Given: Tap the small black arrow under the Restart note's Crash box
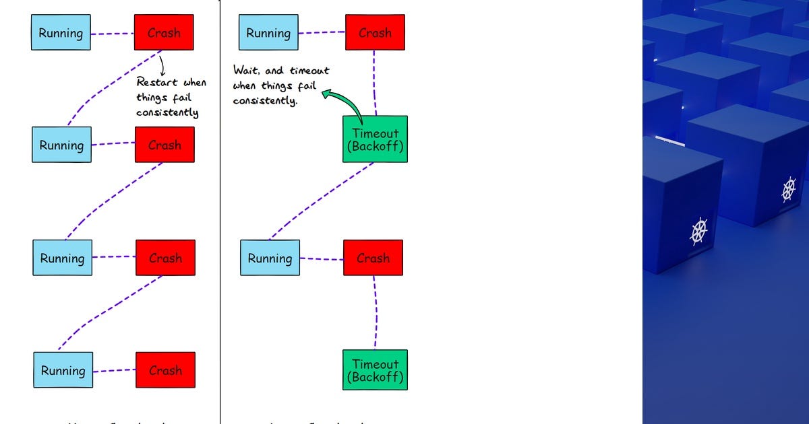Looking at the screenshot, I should (x=162, y=65).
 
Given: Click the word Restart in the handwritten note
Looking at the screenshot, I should (x=157, y=82).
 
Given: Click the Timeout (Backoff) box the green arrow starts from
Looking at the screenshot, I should (x=375, y=139).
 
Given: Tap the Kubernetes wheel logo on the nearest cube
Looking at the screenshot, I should (x=699, y=231).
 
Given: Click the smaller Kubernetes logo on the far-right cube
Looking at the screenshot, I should (x=789, y=189).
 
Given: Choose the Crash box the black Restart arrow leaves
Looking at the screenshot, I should (x=164, y=33).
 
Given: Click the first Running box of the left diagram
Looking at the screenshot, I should (x=61, y=33).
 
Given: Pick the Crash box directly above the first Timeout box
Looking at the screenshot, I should (x=375, y=33).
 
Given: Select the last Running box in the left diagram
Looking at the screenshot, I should (x=63, y=370).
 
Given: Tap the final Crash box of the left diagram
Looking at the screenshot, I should (x=165, y=370).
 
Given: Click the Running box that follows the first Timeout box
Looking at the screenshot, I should (x=270, y=258).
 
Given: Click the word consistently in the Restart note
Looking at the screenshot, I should (x=167, y=112).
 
